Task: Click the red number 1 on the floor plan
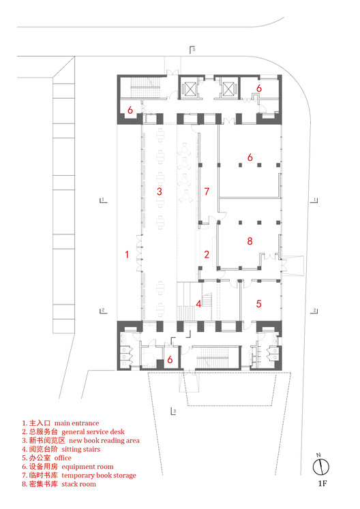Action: (x=127, y=255)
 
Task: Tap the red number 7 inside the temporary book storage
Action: (x=207, y=191)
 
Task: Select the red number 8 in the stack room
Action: (x=250, y=241)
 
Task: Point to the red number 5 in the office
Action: (x=259, y=304)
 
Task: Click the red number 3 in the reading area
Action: (x=159, y=191)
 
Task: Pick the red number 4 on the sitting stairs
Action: (x=199, y=304)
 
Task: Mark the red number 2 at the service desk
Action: (x=207, y=255)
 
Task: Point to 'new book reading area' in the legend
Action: (x=101, y=440)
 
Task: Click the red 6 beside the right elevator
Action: (x=259, y=89)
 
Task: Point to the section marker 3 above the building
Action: (x=193, y=50)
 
